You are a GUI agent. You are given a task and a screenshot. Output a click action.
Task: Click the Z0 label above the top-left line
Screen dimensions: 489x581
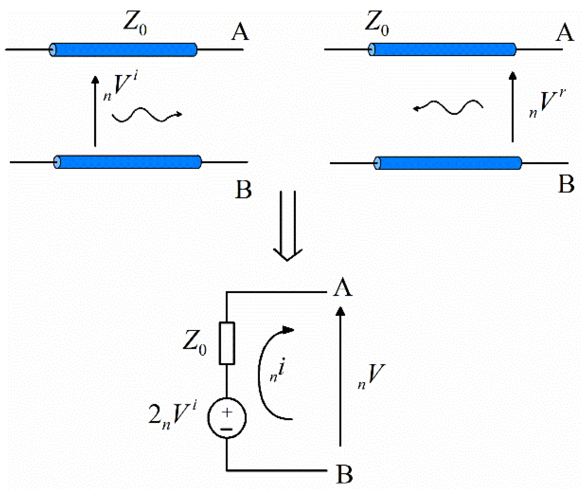pos(135,23)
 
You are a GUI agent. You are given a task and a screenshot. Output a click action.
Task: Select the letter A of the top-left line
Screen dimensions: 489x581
pos(240,32)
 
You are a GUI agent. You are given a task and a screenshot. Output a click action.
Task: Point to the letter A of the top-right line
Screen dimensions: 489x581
pos(565,33)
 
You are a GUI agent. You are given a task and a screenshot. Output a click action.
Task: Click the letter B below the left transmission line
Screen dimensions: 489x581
pos(243,190)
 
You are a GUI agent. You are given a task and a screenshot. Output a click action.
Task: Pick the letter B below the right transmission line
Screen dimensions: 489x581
pos(566,184)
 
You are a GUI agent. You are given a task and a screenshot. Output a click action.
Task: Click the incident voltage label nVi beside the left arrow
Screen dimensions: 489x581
pos(121,85)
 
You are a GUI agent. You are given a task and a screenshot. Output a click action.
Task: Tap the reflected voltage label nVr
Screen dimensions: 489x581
pos(547,103)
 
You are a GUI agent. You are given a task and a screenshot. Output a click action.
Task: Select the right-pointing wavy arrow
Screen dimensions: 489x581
pos(147,115)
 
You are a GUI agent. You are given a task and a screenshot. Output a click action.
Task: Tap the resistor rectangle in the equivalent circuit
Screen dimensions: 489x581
pos(227,343)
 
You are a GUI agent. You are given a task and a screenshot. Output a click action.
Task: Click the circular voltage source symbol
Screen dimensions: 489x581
pos(227,417)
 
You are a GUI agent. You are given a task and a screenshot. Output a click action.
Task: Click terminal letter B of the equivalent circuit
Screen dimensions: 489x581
pos(344,474)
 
